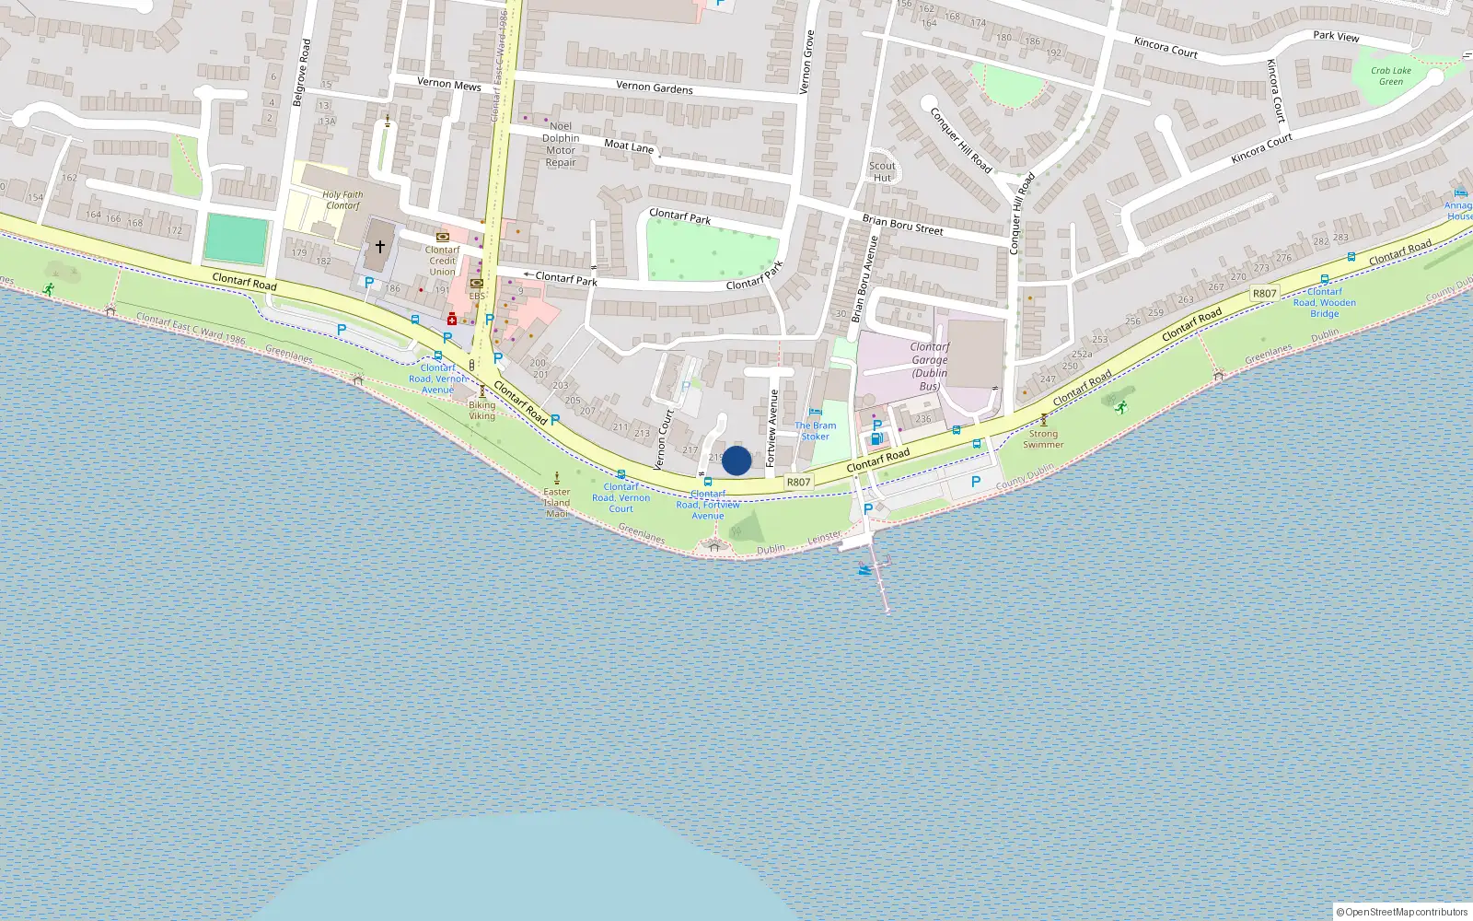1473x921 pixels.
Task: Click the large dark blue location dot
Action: pos(736,460)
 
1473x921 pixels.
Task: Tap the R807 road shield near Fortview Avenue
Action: pos(798,482)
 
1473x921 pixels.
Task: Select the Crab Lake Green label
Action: pos(1390,76)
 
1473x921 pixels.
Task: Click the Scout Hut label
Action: pos(882,172)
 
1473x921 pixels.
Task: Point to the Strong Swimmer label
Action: pos(1043,439)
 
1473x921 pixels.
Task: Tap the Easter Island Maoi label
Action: pos(557,503)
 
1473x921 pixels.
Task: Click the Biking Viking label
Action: pos(481,411)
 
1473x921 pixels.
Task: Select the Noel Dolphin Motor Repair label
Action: pos(561,145)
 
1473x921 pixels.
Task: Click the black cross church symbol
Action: pos(379,246)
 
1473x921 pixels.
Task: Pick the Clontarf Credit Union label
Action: pos(442,261)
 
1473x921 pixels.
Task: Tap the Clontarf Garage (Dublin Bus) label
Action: pos(930,367)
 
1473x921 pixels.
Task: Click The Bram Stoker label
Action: pos(816,431)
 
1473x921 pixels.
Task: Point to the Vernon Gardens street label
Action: pos(655,87)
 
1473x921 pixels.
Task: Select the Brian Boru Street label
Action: pos(902,225)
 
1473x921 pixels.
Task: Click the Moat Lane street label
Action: pos(629,146)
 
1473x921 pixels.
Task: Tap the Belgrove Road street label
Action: pos(301,73)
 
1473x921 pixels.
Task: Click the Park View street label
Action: pos(1336,36)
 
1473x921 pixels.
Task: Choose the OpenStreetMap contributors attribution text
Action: pos(1402,912)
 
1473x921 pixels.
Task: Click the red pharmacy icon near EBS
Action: pos(452,319)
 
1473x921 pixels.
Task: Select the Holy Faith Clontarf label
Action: pos(342,200)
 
